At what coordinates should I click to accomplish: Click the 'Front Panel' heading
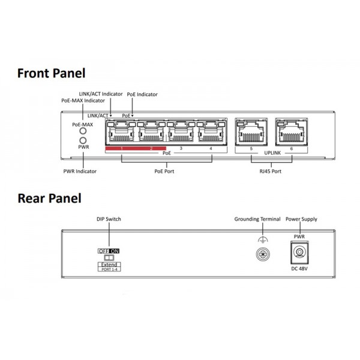[x=51, y=73]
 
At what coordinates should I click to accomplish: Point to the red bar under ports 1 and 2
[x=135, y=148]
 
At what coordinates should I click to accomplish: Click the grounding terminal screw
[x=261, y=254]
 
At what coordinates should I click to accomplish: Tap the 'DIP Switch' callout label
[x=109, y=219]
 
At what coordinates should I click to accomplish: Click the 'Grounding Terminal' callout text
[x=257, y=219]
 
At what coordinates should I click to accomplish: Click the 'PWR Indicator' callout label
[x=80, y=171]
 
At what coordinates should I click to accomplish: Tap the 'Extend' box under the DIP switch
[x=109, y=265]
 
